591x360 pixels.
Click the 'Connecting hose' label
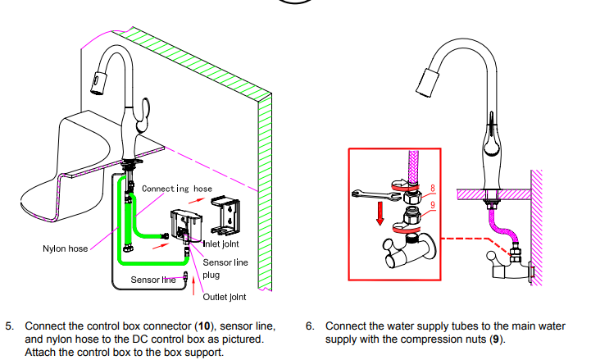pos(177,189)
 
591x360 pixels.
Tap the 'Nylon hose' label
pos(65,248)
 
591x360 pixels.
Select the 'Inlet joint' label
pos(219,244)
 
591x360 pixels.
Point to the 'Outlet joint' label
pos(224,296)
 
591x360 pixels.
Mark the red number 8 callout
pos(432,189)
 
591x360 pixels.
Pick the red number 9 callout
pos(432,206)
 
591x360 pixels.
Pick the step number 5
pos(10,326)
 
